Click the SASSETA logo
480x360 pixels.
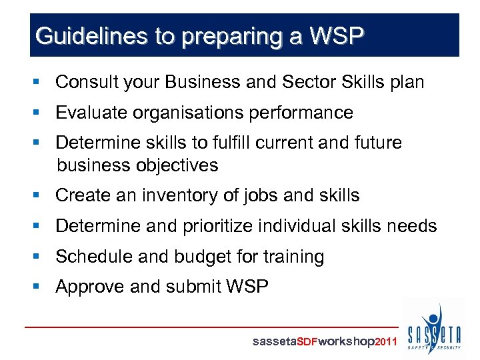(434, 329)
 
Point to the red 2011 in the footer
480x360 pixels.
(387, 342)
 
